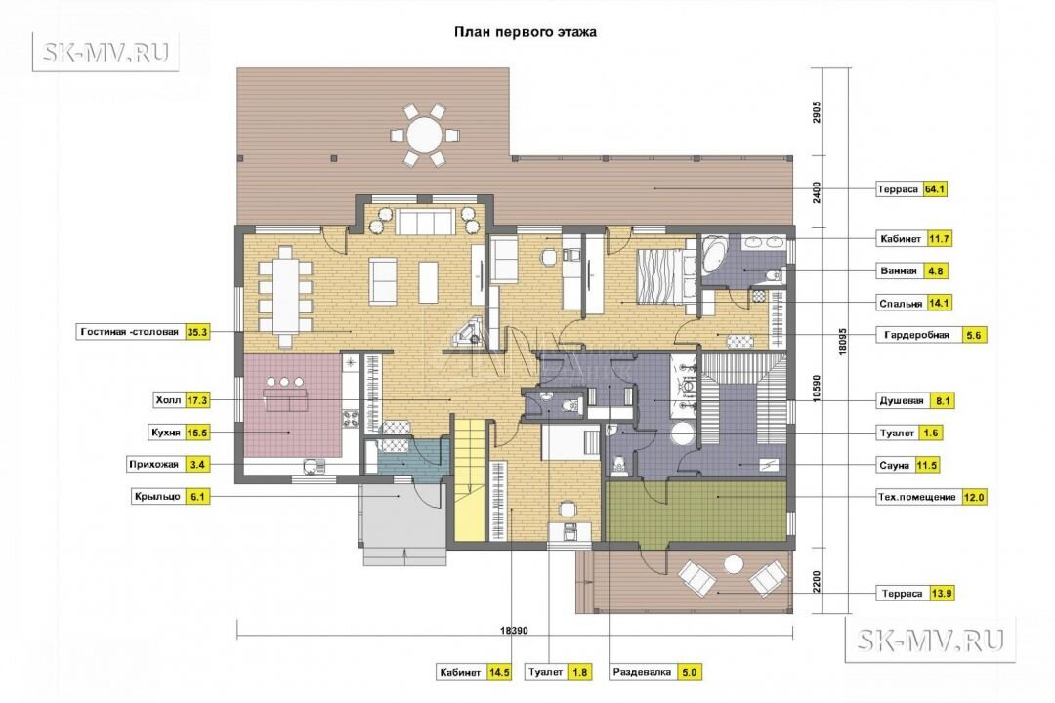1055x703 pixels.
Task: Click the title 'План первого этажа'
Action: [525, 32]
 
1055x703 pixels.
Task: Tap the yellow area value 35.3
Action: [197, 332]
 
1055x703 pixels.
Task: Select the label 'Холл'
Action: [168, 400]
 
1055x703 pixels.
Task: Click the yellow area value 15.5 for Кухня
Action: [197, 433]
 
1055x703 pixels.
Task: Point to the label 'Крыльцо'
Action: [157, 497]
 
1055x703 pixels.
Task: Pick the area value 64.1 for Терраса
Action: [935, 189]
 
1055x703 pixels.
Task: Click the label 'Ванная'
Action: [899, 271]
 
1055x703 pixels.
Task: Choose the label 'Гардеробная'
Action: [916, 335]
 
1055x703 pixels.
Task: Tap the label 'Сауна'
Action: [894, 466]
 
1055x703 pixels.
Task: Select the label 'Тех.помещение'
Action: [916, 498]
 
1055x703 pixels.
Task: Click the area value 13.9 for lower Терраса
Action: [941, 594]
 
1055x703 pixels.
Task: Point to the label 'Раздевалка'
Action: [642, 672]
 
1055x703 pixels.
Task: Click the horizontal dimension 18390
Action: [514, 631]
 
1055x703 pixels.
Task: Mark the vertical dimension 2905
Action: [817, 112]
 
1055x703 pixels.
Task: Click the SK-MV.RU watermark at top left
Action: [105, 52]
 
